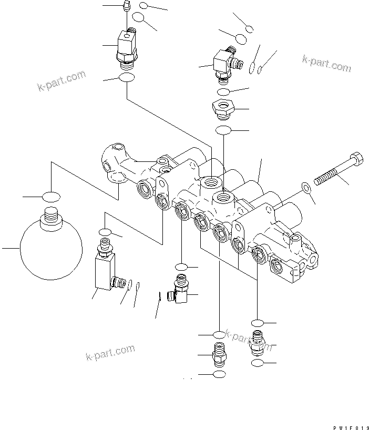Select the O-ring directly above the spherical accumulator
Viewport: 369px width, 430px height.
[x=51, y=197]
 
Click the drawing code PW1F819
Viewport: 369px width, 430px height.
[x=352, y=424]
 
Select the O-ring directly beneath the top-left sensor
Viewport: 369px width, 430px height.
[x=126, y=78]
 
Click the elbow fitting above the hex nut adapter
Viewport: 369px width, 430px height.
[x=223, y=63]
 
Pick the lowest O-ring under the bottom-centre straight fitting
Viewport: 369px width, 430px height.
[x=219, y=373]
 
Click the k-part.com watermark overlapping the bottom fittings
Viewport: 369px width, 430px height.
[x=247, y=339]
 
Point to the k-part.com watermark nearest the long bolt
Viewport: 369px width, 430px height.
[x=326, y=63]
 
